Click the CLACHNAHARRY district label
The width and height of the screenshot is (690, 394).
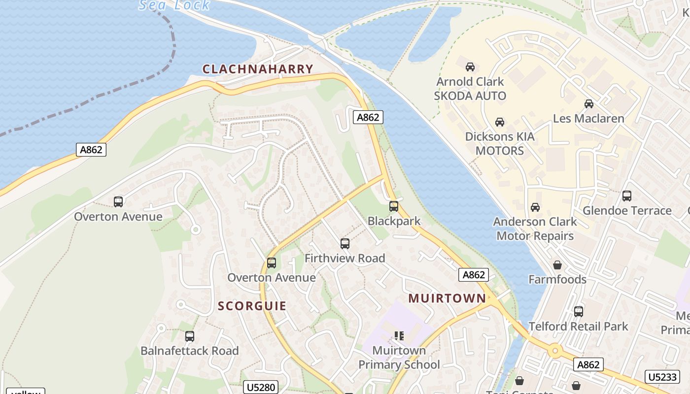(258, 69)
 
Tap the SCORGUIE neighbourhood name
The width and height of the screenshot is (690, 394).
(252, 306)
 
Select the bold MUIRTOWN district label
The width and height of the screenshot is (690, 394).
(447, 298)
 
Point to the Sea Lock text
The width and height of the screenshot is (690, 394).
(174, 5)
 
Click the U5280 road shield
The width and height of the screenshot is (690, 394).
(261, 387)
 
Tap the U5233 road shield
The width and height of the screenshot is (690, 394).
(661, 377)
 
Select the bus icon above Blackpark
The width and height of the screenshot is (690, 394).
(393, 206)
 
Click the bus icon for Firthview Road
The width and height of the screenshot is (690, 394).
(345, 243)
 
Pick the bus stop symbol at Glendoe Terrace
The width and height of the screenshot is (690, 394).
(627, 196)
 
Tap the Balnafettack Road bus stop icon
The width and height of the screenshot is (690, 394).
(190, 336)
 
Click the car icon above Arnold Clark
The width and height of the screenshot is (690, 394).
(470, 66)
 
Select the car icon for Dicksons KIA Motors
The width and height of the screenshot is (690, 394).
(500, 122)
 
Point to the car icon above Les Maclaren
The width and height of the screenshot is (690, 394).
(588, 103)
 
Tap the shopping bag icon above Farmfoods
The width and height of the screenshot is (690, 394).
(557, 265)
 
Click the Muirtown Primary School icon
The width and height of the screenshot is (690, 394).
(399, 336)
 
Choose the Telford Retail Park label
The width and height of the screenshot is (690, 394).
(578, 326)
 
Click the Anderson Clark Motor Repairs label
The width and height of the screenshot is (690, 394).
(535, 229)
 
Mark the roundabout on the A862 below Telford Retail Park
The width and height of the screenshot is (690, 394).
(555, 351)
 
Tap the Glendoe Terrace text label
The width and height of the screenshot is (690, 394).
(627, 211)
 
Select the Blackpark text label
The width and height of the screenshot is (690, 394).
(394, 221)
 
